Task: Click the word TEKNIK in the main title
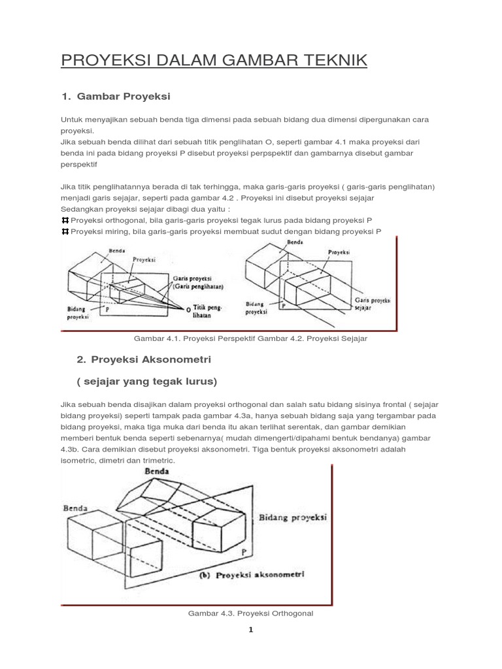pos(331,61)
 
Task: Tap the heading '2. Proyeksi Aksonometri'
pos(144,360)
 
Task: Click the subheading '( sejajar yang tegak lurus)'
pos(146,381)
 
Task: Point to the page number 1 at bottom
pos(250,630)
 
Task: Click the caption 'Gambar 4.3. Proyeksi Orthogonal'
pos(251,613)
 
